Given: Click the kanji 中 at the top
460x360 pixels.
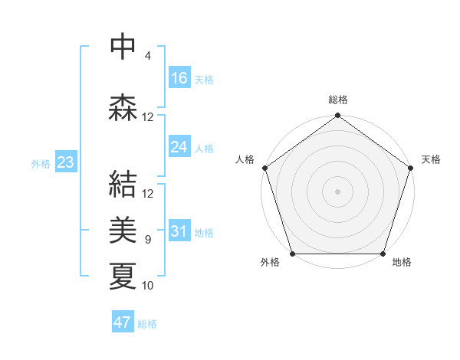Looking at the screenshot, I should point(123,47).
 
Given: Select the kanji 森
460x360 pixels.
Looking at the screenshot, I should point(123,106).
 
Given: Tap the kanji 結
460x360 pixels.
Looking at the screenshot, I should point(123,185).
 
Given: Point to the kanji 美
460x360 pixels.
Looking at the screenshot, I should point(123,229).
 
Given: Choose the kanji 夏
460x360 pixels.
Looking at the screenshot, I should point(123,275).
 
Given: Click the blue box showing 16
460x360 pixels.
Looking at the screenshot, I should point(179,78).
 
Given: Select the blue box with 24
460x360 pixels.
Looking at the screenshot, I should point(179,147).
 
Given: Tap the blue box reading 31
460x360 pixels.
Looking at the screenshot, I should point(179,232).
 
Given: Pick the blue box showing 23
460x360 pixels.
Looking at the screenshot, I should point(65,163).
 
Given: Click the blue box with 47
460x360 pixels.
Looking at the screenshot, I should point(123,322).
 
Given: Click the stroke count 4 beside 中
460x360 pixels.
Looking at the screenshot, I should point(147,56).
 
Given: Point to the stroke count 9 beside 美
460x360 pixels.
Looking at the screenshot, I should point(147,240).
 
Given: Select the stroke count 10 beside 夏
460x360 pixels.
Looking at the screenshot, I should point(148,286).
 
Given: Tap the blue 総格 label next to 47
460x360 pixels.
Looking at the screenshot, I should point(147,324).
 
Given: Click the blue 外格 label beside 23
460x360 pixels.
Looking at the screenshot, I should point(41,164).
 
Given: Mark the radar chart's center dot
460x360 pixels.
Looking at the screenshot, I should point(337,191).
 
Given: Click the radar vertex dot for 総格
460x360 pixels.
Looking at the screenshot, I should point(337,116).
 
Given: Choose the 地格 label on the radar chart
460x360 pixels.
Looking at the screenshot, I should point(402,263).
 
